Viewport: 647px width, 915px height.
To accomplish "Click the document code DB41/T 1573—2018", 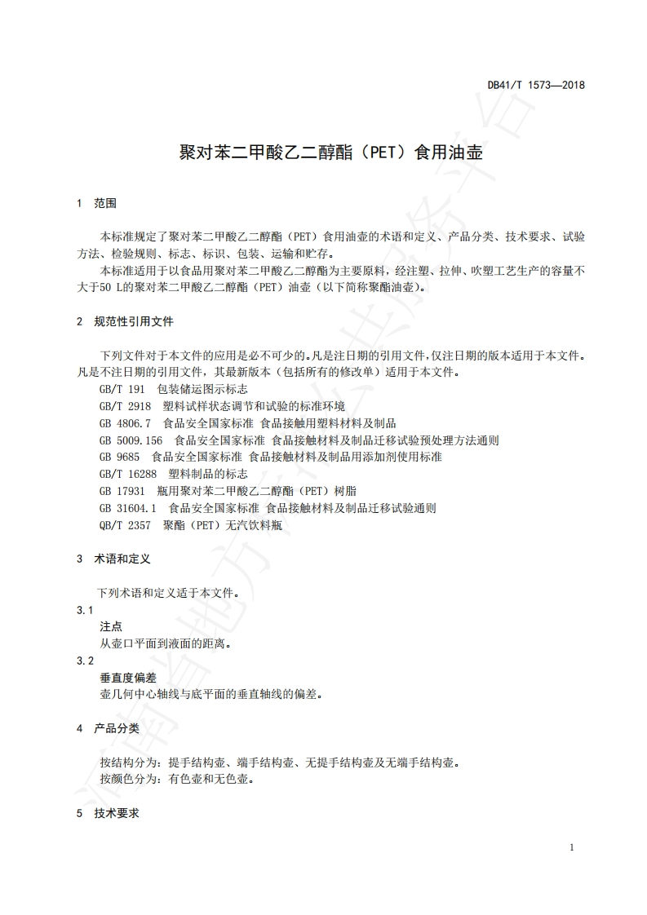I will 536,85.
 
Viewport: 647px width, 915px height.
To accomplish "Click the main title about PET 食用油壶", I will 330,152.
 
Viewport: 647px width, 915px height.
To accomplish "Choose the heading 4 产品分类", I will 108,727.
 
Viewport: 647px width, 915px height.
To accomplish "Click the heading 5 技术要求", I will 108,813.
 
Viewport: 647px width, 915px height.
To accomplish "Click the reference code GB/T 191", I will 122,390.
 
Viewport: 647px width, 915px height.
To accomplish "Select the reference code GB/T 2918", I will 125,406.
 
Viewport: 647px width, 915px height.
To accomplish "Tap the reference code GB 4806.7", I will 126,423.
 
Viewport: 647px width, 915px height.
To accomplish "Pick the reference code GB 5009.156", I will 131,440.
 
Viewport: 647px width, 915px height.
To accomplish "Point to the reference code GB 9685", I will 119,457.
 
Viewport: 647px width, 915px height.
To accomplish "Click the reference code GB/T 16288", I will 127,474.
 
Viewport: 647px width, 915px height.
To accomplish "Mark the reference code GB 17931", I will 122,491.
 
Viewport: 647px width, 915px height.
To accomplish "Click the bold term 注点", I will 111,626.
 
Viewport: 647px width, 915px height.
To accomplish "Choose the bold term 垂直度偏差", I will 128,678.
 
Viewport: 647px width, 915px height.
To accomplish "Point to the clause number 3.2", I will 85,661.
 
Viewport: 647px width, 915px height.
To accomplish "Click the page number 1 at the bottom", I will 572,847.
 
